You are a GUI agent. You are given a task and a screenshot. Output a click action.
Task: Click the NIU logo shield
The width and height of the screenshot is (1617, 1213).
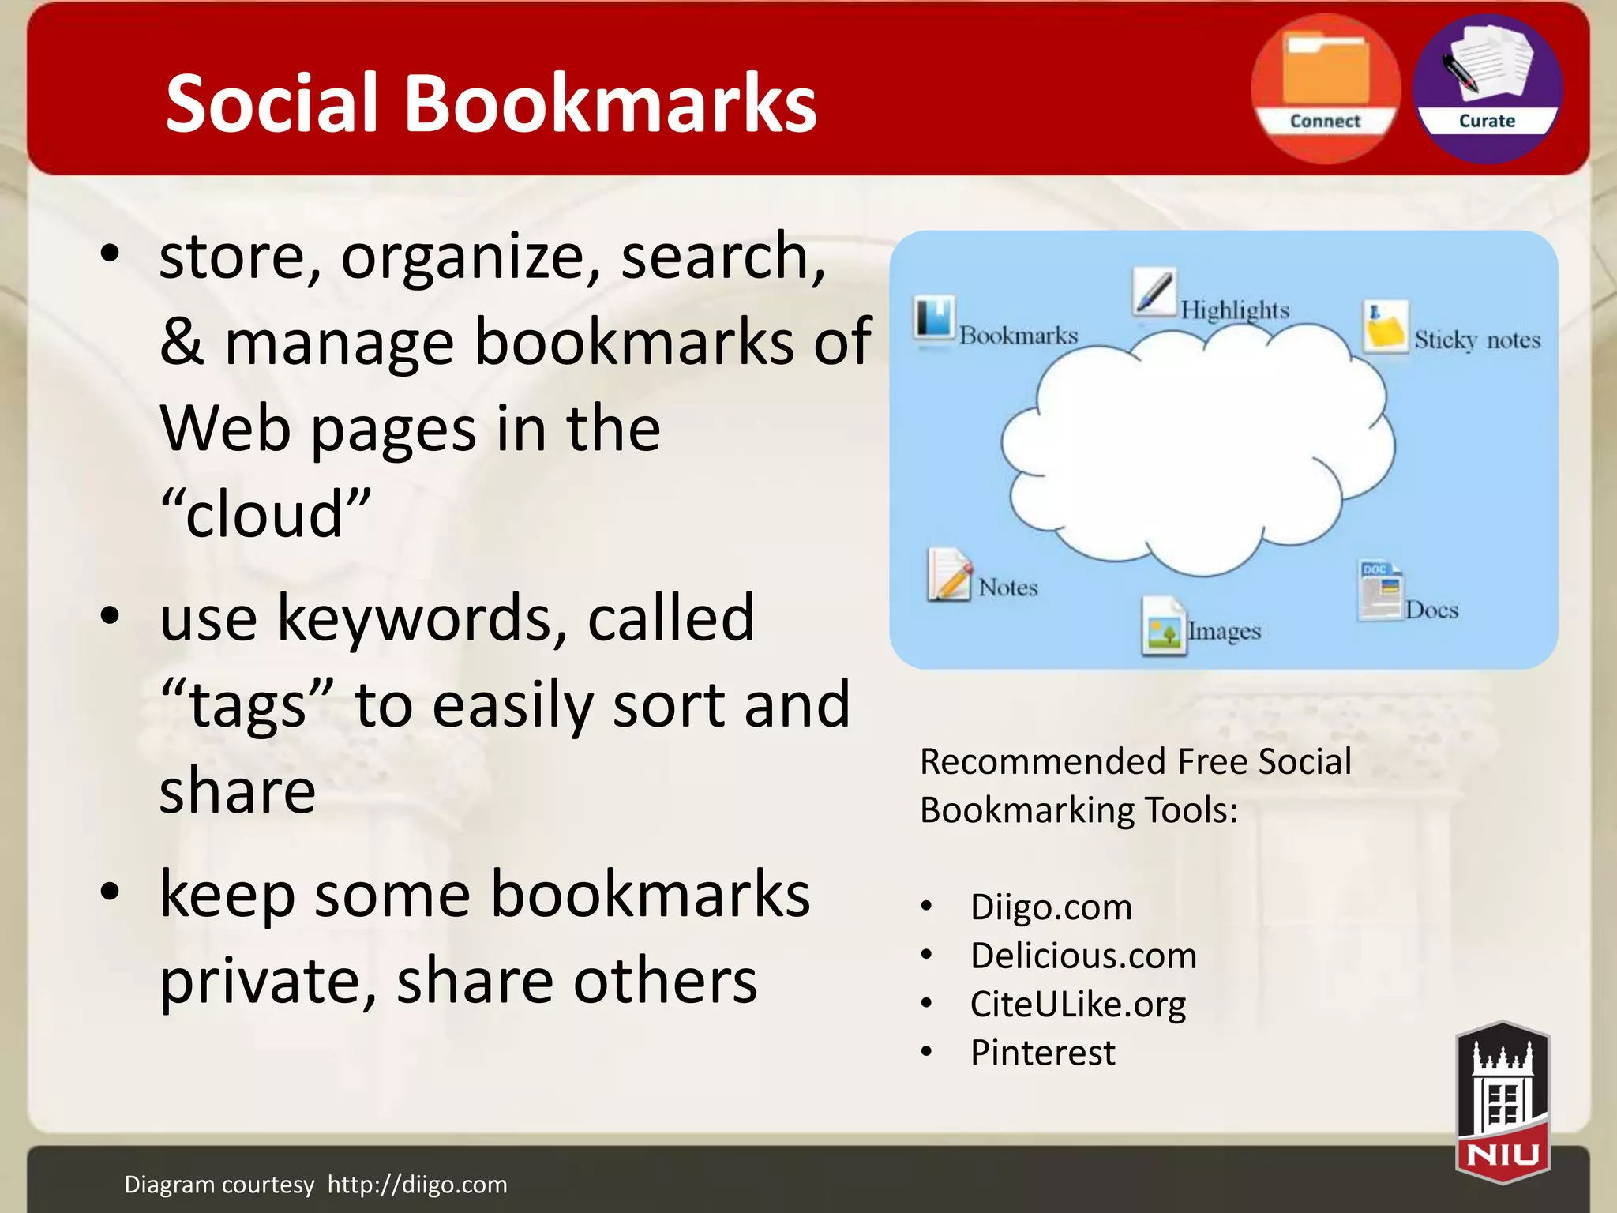(1503, 1102)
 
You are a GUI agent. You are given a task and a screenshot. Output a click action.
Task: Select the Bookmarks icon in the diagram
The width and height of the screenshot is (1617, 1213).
(935, 319)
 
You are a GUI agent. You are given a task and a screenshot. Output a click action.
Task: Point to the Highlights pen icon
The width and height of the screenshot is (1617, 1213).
(1154, 291)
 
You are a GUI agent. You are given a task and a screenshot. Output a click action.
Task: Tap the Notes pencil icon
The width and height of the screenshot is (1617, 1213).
(949, 574)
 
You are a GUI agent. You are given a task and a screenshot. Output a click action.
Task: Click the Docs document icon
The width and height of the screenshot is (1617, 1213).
(1379, 591)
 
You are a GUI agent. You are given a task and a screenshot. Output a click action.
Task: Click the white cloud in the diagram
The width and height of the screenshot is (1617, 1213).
(1196, 450)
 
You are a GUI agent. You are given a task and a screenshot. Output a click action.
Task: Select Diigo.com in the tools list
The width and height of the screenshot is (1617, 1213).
(1051, 907)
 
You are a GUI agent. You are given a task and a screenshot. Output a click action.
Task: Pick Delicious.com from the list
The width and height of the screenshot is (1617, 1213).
(1083, 956)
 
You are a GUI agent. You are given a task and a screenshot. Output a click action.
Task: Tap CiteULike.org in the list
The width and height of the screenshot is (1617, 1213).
(1078, 1005)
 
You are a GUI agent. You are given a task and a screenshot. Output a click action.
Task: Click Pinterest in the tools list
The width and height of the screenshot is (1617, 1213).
(1042, 1053)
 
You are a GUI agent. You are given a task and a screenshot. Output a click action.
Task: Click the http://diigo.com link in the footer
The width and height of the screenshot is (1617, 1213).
(417, 1185)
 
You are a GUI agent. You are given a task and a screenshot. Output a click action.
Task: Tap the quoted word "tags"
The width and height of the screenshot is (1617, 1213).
(247, 704)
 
